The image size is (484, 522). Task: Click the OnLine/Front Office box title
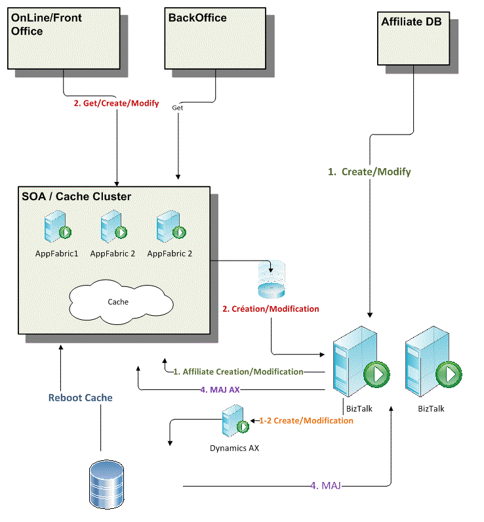[47, 24]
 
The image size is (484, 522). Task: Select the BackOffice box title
[197, 18]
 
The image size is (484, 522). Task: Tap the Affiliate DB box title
[411, 22]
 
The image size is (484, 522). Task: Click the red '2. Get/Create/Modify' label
[116, 103]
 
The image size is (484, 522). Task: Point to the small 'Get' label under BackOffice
[177, 107]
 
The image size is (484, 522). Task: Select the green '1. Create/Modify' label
[369, 171]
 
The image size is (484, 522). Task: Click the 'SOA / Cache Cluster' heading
[76, 196]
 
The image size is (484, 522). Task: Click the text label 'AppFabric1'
[57, 253]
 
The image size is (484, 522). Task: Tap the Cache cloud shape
[118, 302]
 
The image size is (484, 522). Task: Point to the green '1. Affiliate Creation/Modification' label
[238, 372]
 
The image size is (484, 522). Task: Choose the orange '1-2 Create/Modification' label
[306, 420]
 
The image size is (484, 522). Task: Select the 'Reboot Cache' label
[81, 397]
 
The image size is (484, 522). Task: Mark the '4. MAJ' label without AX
[325, 486]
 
